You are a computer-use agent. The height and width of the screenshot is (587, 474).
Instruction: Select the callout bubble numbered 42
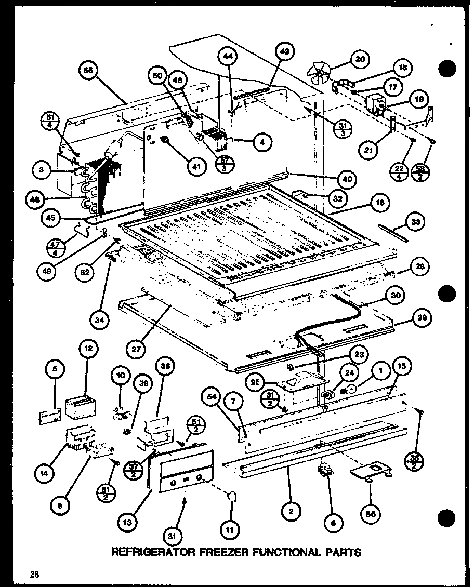(284, 52)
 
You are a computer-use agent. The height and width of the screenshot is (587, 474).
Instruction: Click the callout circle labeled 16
(381, 204)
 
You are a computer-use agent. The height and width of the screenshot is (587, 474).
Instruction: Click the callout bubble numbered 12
(88, 349)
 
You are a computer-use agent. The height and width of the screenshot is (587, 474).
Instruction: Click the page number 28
(34, 574)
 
